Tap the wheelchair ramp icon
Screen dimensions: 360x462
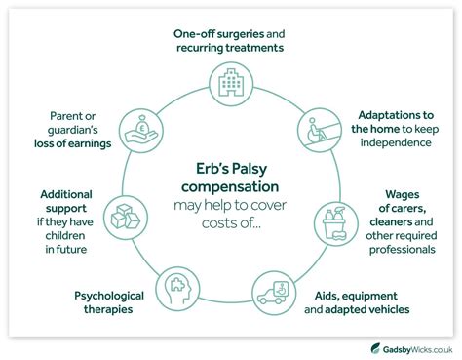coord(316,129)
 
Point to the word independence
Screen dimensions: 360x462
coord(396,143)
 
